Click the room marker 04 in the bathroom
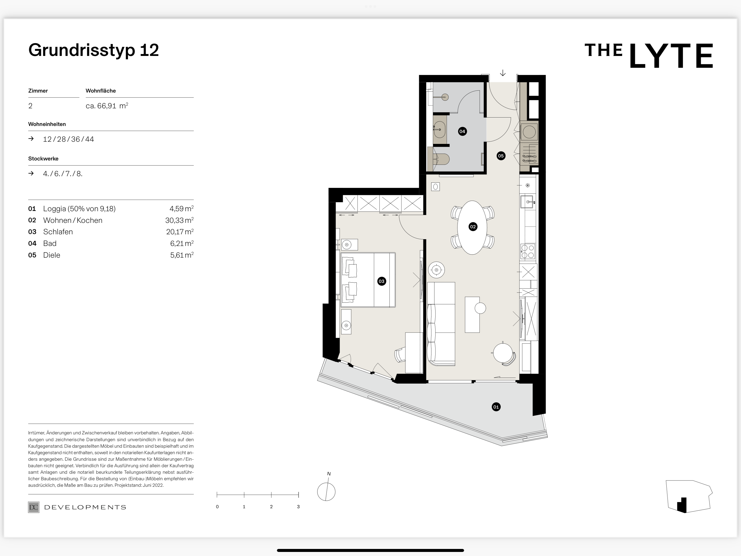pos(462,131)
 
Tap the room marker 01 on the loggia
pos(496,407)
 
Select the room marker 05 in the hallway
pos(501,156)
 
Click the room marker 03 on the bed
pos(382,281)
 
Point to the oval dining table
pos(472,227)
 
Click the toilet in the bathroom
pos(441,159)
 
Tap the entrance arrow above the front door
pos(503,73)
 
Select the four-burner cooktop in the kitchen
pos(528,251)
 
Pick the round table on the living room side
pos(503,353)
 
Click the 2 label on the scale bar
pos(271,507)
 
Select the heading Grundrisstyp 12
pos(94,50)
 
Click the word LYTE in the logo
pos(671,56)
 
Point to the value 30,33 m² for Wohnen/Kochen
pos(179,220)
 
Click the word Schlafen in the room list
pos(58,232)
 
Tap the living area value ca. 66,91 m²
pos(107,106)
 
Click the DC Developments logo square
pos(34,507)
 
